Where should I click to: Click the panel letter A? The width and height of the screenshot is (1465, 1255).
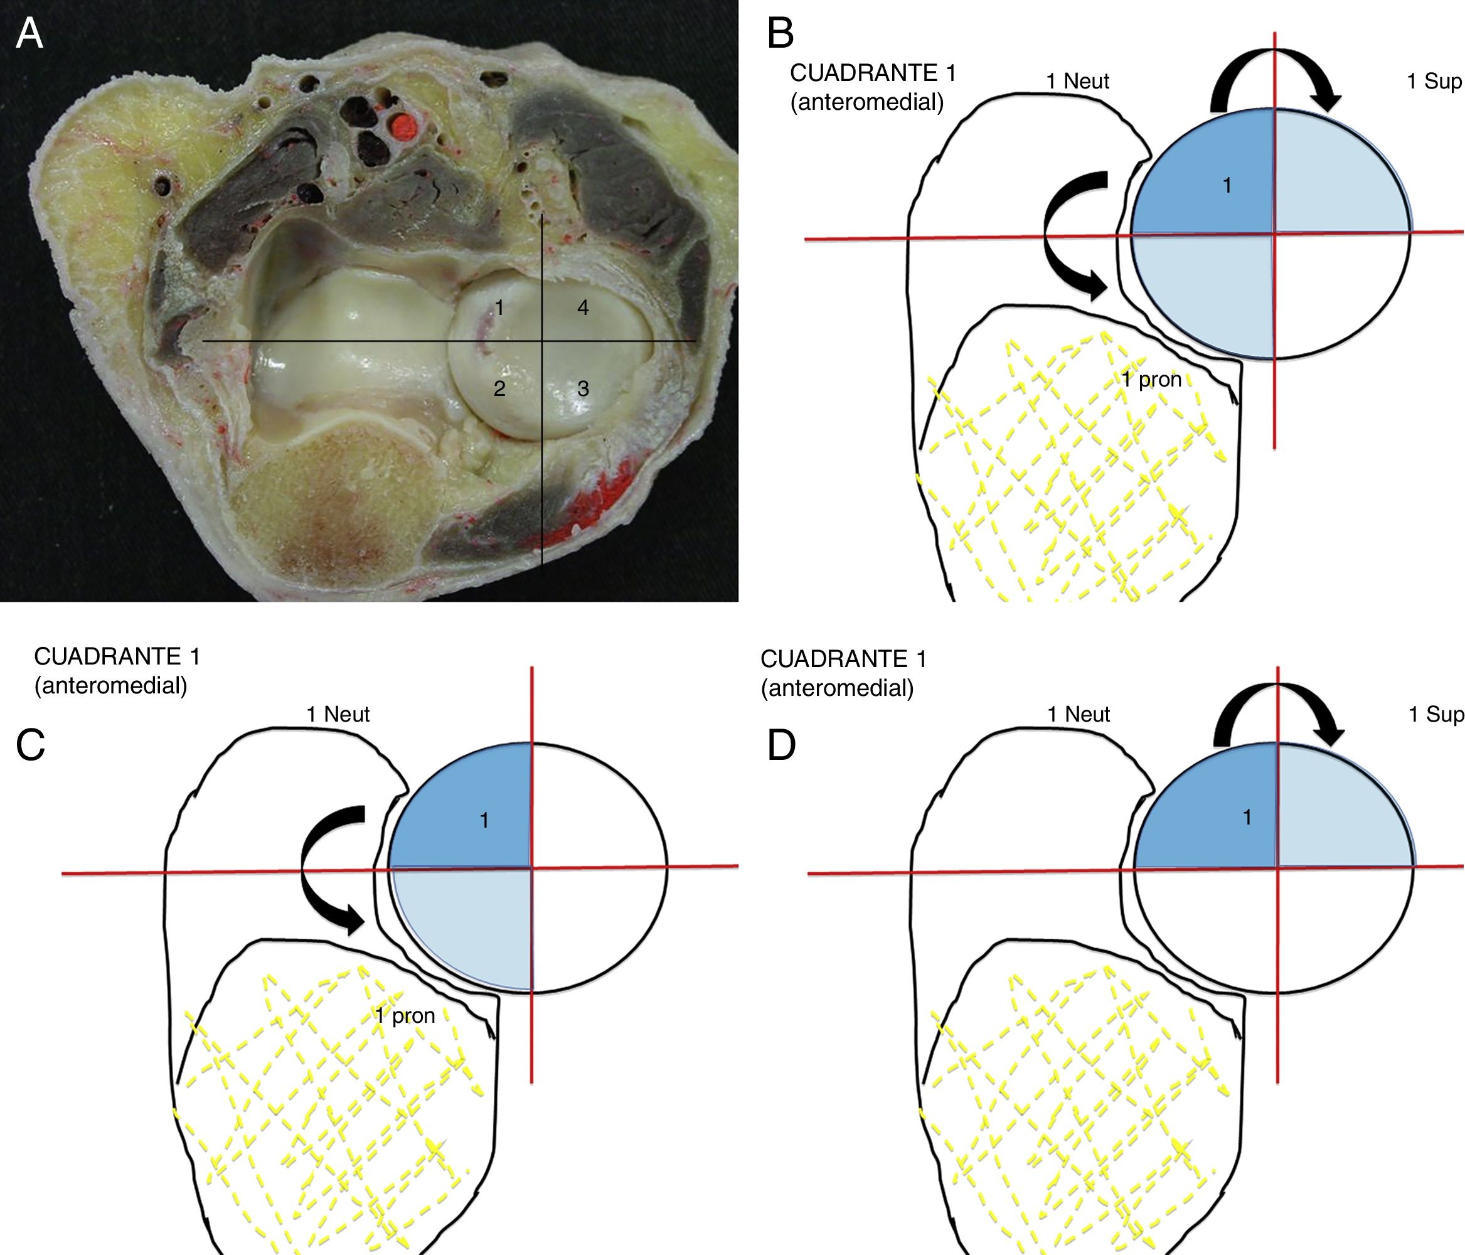(29, 33)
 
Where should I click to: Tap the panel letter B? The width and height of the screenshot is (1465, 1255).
(780, 33)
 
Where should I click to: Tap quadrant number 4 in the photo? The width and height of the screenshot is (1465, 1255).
(583, 307)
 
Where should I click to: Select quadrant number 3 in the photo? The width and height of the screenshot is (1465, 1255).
(583, 388)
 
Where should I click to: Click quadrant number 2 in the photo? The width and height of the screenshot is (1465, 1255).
(499, 388)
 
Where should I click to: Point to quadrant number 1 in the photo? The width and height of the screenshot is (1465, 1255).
(499, 307)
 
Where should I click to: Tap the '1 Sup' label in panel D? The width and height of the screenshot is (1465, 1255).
(1435, 714)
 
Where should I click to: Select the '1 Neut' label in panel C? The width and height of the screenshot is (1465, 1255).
(338, 714)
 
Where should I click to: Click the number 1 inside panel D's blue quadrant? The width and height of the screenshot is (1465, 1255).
(1247, 818)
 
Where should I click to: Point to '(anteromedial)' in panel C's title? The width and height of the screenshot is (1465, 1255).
(110, 685)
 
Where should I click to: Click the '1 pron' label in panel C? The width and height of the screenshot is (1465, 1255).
(405, 1016)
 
